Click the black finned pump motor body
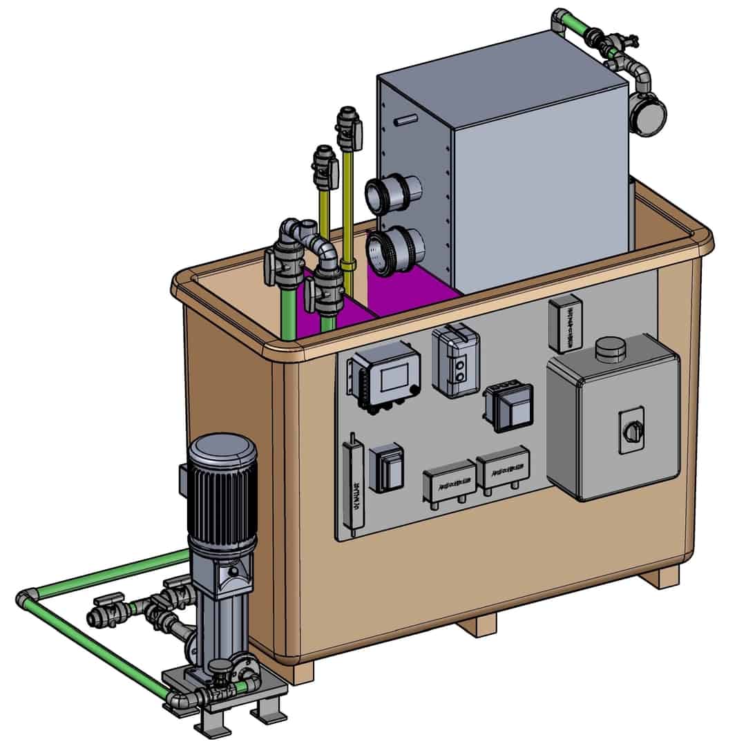(222, 490)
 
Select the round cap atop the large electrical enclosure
(609, 349)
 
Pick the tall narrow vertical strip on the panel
(353, 486)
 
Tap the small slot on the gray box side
(406, 122)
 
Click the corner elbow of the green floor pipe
(26, 599)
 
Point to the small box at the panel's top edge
(565, 322)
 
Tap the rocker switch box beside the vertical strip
(387, 469)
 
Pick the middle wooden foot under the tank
(477, 626)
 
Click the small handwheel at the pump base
(220, 667)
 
